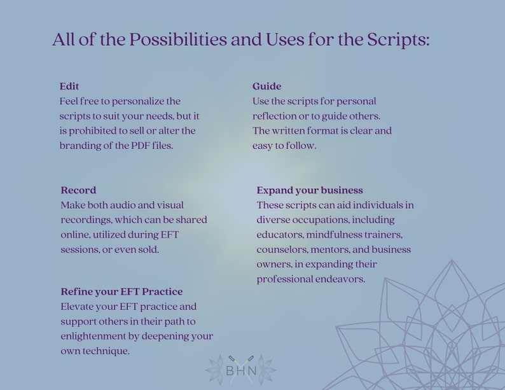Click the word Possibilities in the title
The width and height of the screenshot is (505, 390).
click(x=178, y=40)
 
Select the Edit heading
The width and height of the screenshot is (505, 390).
click(x=69, y=87)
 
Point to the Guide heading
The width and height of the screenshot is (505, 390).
click(x=266, y=87)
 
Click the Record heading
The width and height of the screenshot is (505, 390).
click(x=78, y=190)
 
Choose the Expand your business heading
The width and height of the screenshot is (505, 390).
click(x=310, y=190)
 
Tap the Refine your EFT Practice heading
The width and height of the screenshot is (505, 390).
click(x=121, y=292)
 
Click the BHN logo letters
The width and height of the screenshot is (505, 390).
click(x=241, y=371)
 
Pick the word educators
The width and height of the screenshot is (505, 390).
click(x=280, y=235)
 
